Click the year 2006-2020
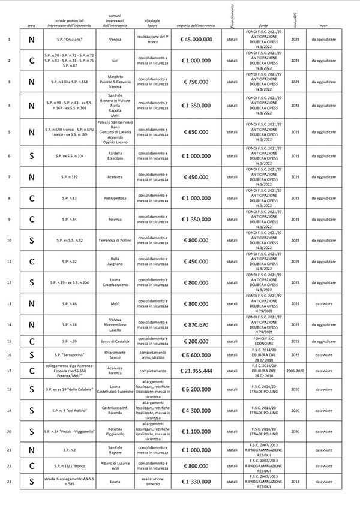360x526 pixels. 295,371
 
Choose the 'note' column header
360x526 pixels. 324,26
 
